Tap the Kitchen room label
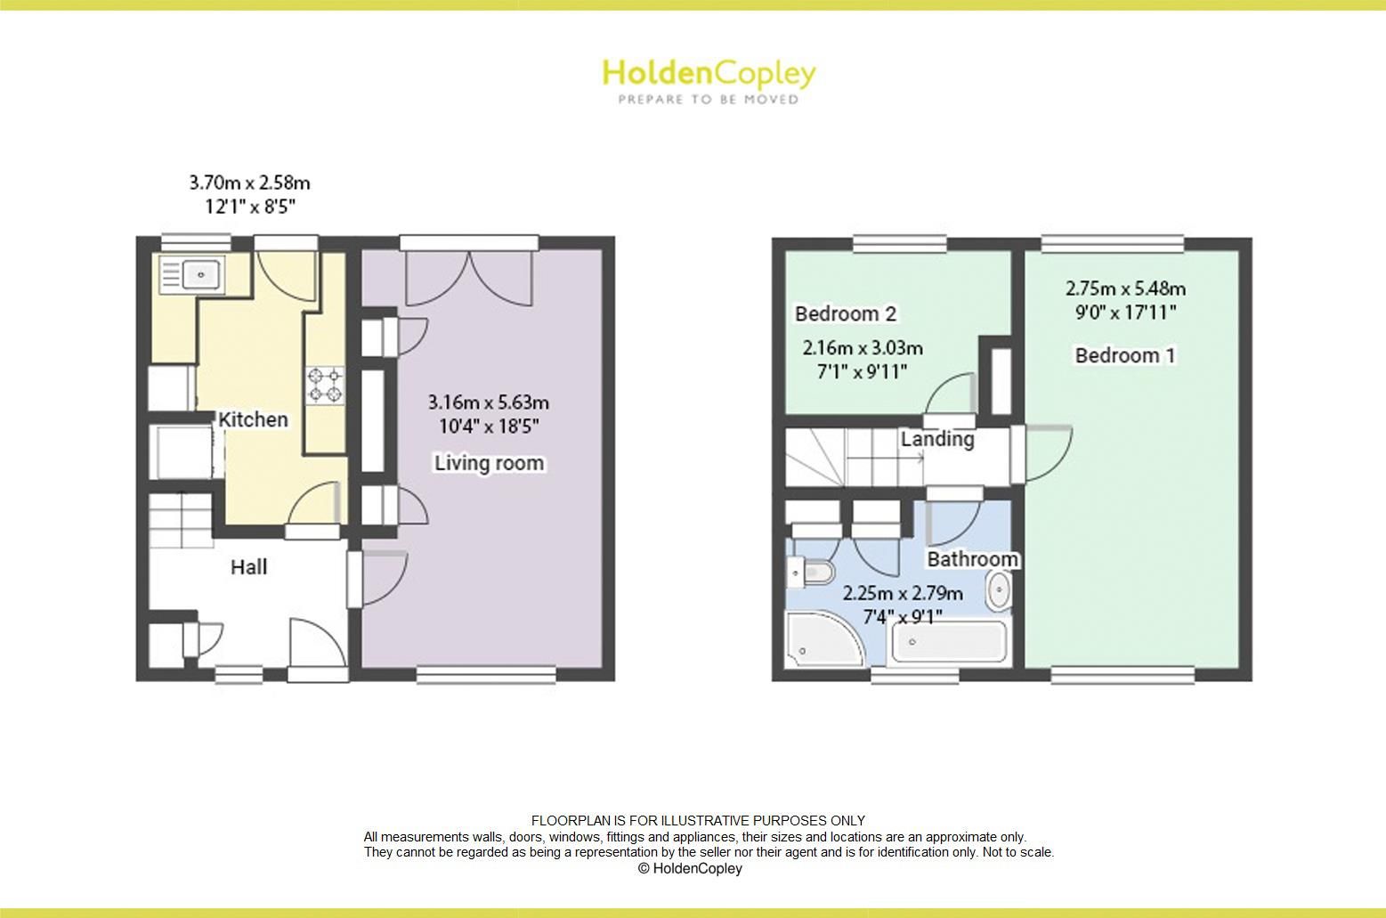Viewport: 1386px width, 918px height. coord(254,419)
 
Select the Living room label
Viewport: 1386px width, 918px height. coord(489,463)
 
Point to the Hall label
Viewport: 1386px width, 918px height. coord(248,567)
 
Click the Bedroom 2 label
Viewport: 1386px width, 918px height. coord(845,313)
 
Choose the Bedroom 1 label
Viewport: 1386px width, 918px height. coord(1125,355)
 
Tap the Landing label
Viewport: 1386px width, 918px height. coord(936,439)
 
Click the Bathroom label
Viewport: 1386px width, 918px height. coord(972,559)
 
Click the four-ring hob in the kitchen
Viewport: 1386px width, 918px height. coord(325,384)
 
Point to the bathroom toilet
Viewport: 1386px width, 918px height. coord(811,571)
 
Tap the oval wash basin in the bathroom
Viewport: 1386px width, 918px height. coord(999,591)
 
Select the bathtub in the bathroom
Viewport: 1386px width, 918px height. coord(949,641)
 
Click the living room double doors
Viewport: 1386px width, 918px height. coord(469,278)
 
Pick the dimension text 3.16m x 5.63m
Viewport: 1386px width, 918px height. coord(489,402)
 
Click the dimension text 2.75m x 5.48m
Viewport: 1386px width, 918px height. coord(1125,288)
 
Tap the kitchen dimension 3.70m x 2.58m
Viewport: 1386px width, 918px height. coord(249,183)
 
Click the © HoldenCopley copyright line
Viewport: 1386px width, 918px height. coord(690,868)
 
